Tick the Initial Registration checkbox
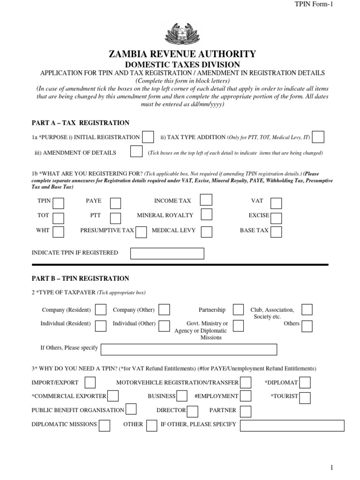[x=148, y=137]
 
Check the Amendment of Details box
[x=136, y=152]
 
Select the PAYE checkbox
[x=115, y=202]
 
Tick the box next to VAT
[x=277, y=202]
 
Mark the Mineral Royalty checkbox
[x=206, y=215]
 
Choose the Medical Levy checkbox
[x=207, y=232]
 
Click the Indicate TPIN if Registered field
[x=167, y=253]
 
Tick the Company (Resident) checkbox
[x=100, y=309]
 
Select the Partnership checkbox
[x=238, y=309]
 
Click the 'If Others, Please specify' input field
[x=189, y=350]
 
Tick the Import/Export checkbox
[x=90, y=382]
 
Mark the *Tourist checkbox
[x=305, y=397]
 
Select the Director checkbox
[x=192, y=411]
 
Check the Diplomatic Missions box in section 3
[x=105, y=425]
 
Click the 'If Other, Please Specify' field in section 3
[x=292, y=425]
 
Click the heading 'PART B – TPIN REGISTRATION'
[x=80, y=278]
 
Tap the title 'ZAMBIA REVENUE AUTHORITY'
[x=182, y=54]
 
